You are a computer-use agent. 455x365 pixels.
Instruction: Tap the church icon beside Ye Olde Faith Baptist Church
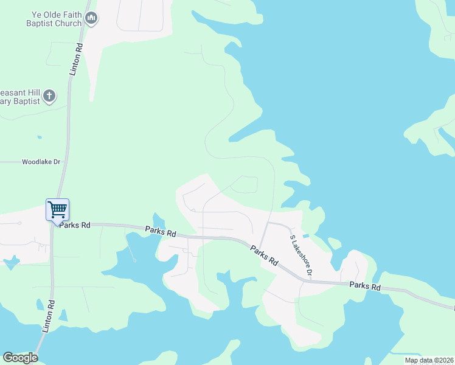click(x=91, y=19)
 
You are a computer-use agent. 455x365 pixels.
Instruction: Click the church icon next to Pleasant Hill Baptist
click(x=49, y=96)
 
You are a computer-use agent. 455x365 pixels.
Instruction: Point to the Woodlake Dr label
click(x=41, y=162)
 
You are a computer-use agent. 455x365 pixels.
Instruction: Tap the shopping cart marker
click(x=57, y=210)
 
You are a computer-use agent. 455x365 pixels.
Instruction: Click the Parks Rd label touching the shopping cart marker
click(x=75, y=225)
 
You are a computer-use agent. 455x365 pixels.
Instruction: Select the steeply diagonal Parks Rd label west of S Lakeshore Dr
click(x=265, y=255)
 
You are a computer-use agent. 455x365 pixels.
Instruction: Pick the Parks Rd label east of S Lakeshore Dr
click(x=366, y=287)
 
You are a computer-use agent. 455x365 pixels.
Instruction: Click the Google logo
click(x=20, y=358)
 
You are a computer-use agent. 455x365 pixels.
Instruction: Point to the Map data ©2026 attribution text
click(x=428, y=360)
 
